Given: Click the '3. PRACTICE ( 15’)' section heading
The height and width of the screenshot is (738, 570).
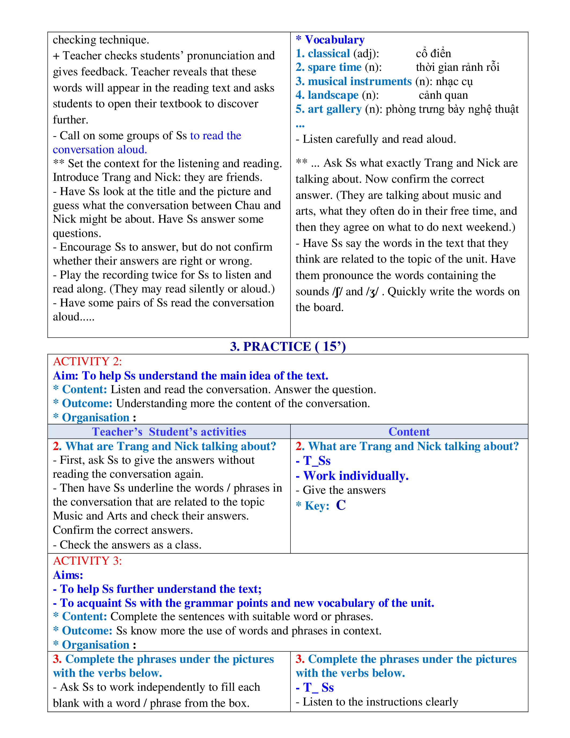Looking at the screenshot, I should coord(288,346).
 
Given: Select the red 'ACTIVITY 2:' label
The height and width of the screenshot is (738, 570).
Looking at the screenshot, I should coord(87,361).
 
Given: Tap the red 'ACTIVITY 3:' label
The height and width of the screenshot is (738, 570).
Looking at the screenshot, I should coord(87,561).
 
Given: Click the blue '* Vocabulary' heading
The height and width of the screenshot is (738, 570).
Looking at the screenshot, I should coord(330,40).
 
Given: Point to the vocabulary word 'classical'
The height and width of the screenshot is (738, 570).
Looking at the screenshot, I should coord(329,53).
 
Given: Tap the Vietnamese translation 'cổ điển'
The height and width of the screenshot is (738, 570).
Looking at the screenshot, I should coord(433,53).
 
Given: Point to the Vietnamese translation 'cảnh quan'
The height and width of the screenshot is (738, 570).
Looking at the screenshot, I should coord(443,95).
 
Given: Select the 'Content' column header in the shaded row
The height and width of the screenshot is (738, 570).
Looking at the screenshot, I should coord(409,432).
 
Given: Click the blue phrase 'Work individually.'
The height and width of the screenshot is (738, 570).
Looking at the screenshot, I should coord(356,476).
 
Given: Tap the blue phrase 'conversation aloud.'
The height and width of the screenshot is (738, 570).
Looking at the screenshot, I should coord(100,149).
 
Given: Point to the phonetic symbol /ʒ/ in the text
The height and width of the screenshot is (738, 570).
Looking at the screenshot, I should coord(372,292).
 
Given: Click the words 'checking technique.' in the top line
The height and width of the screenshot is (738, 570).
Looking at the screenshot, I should coord(101,40).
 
